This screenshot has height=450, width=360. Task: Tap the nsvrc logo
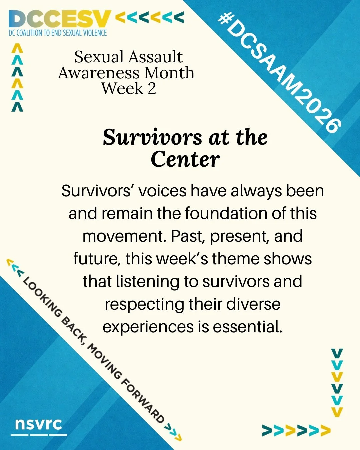39,424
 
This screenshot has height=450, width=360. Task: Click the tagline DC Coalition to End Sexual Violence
58,33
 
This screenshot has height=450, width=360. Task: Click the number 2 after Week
152,89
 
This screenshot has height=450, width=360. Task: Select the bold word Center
185,159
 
